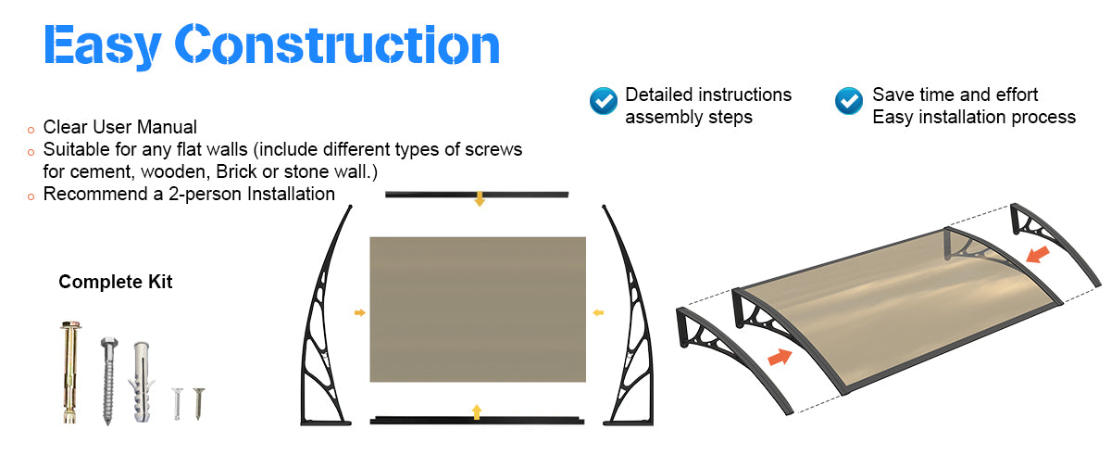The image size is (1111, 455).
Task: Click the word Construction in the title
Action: point(337,44)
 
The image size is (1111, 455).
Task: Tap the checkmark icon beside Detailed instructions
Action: point(604,100)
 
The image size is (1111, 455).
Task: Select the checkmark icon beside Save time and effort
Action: point(849,100)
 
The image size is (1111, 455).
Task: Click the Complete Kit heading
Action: point(116,282)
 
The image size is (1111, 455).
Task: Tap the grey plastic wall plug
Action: point(142,375)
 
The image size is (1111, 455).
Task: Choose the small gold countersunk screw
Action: point(197,402)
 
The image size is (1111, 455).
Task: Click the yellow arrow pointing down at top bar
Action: point(479,199)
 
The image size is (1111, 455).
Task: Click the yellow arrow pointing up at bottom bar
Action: point(477,411)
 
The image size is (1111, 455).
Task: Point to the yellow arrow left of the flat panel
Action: point(359,313)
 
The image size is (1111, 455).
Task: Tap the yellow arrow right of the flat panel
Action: point(598,312)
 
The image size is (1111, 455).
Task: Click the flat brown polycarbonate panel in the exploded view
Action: point(478,309)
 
